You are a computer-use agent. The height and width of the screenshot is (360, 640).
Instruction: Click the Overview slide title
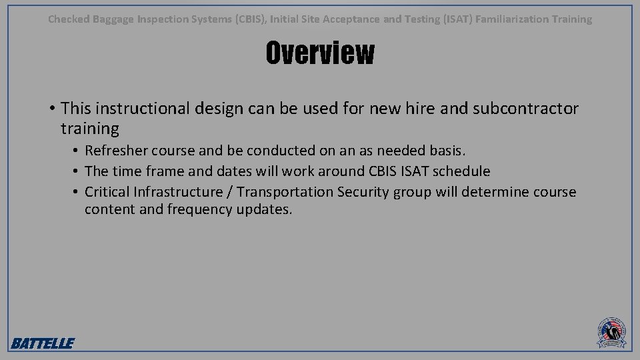coord(320,53)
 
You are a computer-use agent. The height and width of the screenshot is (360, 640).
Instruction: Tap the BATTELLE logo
coord(43,343)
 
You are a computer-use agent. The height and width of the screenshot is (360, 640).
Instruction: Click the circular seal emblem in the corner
coord(611,331)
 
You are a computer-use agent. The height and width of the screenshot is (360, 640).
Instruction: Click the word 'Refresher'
coord(117,151)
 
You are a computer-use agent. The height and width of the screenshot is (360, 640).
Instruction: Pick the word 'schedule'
coord(461,171)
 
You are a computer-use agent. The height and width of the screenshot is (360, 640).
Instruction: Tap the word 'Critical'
coord(107,192)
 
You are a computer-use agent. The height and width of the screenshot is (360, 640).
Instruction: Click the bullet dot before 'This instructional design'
coord(51,109)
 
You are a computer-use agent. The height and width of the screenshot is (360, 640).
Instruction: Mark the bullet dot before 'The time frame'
coord(77,172)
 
